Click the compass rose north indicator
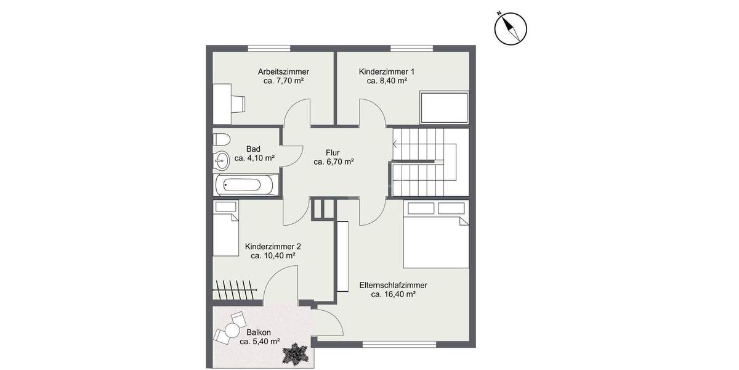point(511,28)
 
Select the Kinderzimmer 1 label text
point(387,72)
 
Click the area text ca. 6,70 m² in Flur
point(333,162)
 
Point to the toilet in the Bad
point(221,138)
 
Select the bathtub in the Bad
point(245,184)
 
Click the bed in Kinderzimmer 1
point(444,108)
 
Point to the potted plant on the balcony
point(296,353)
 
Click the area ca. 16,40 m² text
point(394,295)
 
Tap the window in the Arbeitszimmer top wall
point(269,47)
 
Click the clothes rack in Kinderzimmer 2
point(236,290)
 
